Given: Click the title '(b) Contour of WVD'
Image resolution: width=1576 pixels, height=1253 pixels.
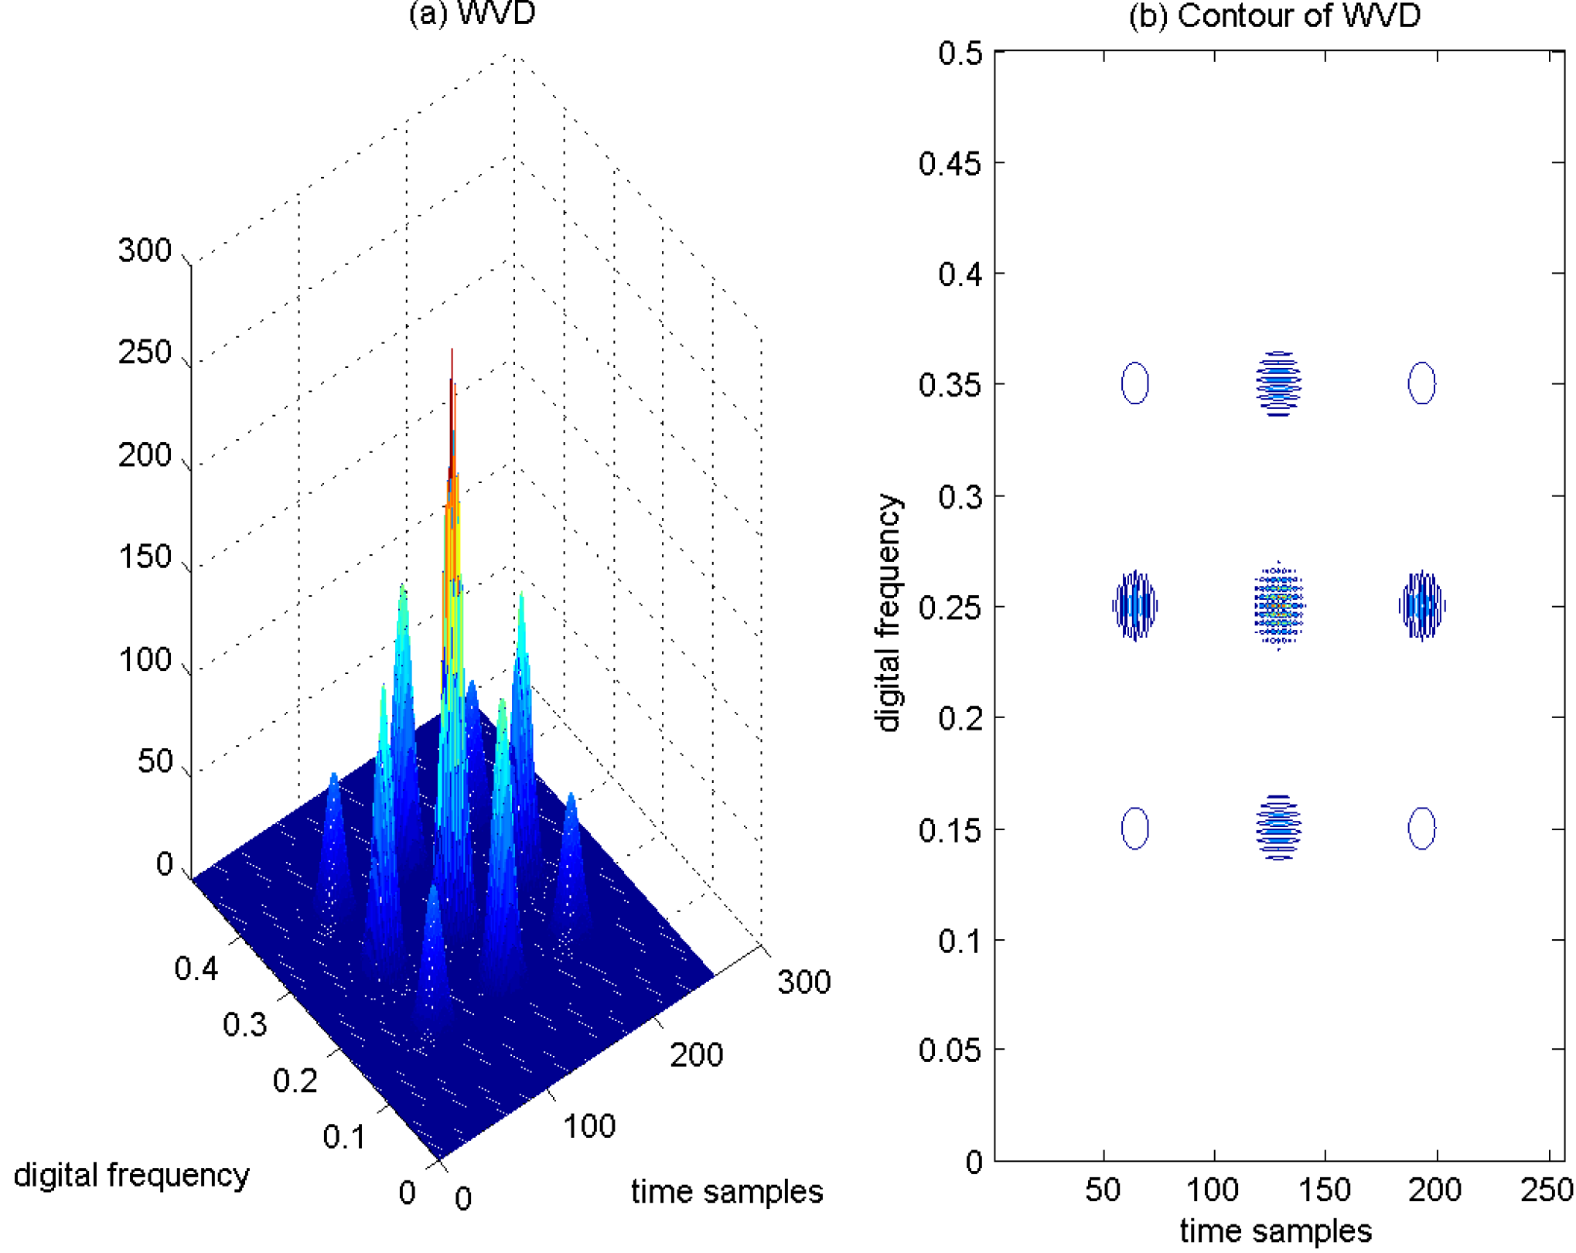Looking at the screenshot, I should (1274, 15).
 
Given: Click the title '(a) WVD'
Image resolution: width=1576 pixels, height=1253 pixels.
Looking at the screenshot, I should (472, 14).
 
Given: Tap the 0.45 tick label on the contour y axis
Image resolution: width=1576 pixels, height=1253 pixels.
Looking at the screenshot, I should (950, 163).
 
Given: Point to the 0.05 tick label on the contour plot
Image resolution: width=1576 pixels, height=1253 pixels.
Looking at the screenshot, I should (950, 1050).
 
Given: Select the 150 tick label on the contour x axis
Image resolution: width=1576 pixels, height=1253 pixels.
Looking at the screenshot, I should (1325, 1190).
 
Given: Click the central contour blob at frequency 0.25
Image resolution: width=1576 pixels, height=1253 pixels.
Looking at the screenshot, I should (1278, 606).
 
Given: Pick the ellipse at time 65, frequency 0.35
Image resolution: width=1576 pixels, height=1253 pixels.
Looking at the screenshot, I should (1134, 383).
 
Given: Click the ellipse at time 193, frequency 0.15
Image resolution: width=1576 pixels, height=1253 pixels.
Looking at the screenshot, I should (1421, 828).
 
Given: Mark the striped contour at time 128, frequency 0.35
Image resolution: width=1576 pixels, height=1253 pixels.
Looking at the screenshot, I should (1278, 383).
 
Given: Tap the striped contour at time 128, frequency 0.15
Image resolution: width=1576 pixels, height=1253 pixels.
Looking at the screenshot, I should (1278, 827).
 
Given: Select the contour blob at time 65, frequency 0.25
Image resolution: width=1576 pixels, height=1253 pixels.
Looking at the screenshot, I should (1134, 606).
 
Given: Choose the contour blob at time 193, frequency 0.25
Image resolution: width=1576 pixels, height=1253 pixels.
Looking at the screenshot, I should (1421, 606).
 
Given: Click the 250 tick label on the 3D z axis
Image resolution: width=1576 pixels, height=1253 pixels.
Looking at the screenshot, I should (145, 352).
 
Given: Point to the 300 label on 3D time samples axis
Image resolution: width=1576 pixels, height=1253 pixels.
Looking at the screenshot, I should (803, 982).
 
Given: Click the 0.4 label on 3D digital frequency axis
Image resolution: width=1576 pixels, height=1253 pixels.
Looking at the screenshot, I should (196, 968).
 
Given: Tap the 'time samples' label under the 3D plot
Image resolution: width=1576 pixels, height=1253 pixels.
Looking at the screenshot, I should (726, 1191).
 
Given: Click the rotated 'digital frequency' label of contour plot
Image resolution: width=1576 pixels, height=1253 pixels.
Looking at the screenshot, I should (888, 612).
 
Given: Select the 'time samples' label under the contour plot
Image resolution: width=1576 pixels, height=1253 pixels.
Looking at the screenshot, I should (1275, 1231).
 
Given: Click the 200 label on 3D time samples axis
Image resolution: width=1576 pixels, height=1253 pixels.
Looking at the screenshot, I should (696, 1054).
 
